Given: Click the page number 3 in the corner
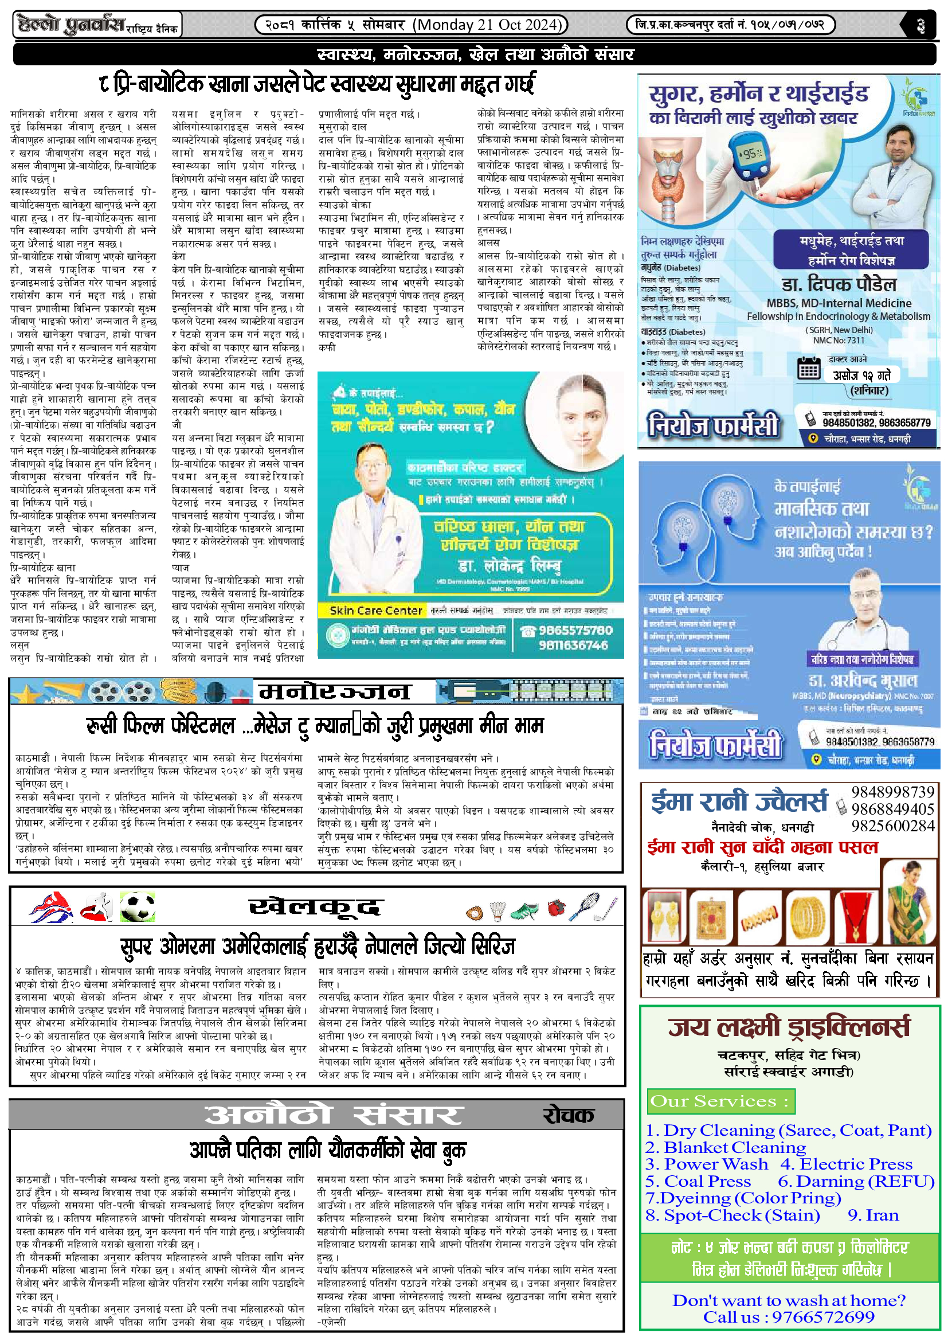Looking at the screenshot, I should pyautogui.click(x=920, y=26).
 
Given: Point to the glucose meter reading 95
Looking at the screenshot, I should pyautogui.click(x=749, y=154).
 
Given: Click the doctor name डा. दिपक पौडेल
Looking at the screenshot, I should pyautogui.click(x=839, y=285).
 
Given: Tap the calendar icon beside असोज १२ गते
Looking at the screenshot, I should pyautogui.click(x=809, y=369).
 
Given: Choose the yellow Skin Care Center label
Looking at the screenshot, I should pyautogui.click(x=375, y=611).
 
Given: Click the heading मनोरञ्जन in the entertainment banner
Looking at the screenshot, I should pyautogui.click(x=335, y=692).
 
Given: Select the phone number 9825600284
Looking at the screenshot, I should pyautogui.click(x=892, y=826).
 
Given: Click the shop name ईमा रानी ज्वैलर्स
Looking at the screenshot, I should pyautogui.click(x=739, y=802).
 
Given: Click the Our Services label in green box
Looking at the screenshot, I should pyautogui.click(x=719, y=1101).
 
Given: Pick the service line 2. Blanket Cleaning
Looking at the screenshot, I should pyautogui.click(x=726, y=1148).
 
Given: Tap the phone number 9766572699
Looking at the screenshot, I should pyautogui.click(x=823, y=1317).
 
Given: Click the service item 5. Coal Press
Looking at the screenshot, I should pyautogui.click(x=698, y=1181).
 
